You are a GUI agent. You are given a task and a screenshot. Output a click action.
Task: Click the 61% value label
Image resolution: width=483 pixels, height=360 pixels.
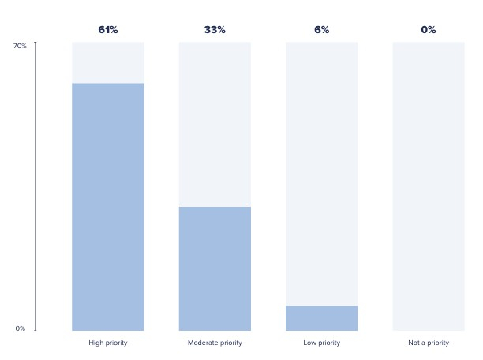[107, 30]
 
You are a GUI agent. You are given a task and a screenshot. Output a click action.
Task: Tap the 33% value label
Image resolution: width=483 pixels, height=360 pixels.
[215, 30]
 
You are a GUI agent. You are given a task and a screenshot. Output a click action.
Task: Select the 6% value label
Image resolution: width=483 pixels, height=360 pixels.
[321, 30]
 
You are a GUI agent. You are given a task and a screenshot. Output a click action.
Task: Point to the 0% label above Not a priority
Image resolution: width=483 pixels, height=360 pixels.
[429, 30]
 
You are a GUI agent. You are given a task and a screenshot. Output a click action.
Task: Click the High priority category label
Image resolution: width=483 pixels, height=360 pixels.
[108, 343]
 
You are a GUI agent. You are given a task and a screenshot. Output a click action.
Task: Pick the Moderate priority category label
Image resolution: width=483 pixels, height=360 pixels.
[215, 343]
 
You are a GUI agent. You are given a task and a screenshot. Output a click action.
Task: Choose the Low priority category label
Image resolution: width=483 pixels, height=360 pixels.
[321, 343]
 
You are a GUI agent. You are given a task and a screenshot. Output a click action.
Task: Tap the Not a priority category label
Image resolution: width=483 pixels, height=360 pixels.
[429, 343]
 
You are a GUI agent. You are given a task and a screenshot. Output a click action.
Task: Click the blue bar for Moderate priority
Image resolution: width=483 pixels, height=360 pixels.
[215, 268]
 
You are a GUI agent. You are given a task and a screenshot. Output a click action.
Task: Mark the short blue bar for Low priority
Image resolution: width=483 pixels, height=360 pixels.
[321, 318]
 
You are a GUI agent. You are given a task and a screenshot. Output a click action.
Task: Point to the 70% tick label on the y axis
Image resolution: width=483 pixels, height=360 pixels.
[20, 46]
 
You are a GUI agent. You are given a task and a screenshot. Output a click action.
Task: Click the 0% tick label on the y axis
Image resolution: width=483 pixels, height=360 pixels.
[21, 328]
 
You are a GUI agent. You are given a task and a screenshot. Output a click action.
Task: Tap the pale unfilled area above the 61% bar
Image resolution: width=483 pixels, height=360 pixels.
[108, 62]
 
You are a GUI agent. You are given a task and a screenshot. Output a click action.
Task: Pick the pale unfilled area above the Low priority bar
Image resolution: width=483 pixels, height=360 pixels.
[321, 174]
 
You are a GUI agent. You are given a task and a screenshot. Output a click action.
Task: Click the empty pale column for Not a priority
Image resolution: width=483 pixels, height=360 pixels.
[429, 186]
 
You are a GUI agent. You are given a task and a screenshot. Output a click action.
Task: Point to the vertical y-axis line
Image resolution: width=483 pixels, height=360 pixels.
[36, 186]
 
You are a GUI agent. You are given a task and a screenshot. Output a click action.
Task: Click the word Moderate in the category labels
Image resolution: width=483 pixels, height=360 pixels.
[203, 343]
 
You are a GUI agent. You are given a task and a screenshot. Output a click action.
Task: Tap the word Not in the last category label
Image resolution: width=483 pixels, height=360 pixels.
[414, 343]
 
